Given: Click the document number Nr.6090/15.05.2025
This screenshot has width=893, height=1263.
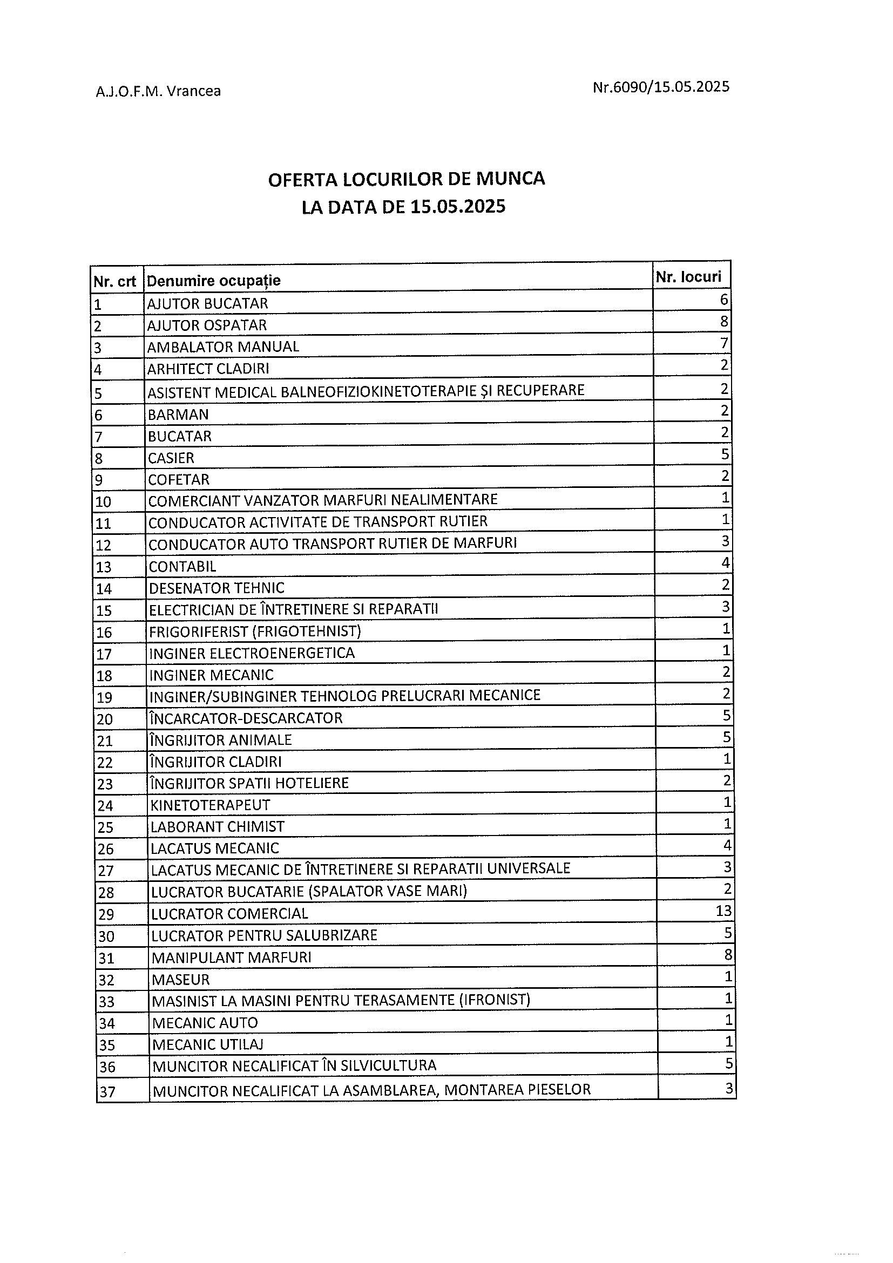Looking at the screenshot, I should (x=661, y=87).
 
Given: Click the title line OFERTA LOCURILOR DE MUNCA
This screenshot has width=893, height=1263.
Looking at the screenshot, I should (x=406, y=179).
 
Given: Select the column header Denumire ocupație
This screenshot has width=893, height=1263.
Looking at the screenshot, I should (x=214, y=281).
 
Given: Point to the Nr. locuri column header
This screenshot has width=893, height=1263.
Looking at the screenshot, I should (x=688, y=277).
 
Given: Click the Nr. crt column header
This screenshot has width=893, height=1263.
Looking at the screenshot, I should (x=114, y=282).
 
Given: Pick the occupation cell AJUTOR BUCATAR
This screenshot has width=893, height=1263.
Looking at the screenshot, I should (x=207, y=304).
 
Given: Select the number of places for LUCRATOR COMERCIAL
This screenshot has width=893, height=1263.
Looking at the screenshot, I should (x=723, y=911).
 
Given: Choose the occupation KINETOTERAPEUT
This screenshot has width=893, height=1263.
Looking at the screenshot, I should (x=211, y=805).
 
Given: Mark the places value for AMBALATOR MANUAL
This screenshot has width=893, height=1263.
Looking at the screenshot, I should (x=725, y=344).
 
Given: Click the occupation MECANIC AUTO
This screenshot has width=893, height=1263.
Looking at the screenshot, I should (x=205, y=1023).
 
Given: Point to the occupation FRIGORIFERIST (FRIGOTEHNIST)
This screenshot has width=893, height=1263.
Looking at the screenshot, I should (x=255, y=631).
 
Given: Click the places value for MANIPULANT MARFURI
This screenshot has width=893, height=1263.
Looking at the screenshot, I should (x=727, y=954).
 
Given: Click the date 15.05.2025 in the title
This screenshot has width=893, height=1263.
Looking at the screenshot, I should (x=458, y=207).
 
